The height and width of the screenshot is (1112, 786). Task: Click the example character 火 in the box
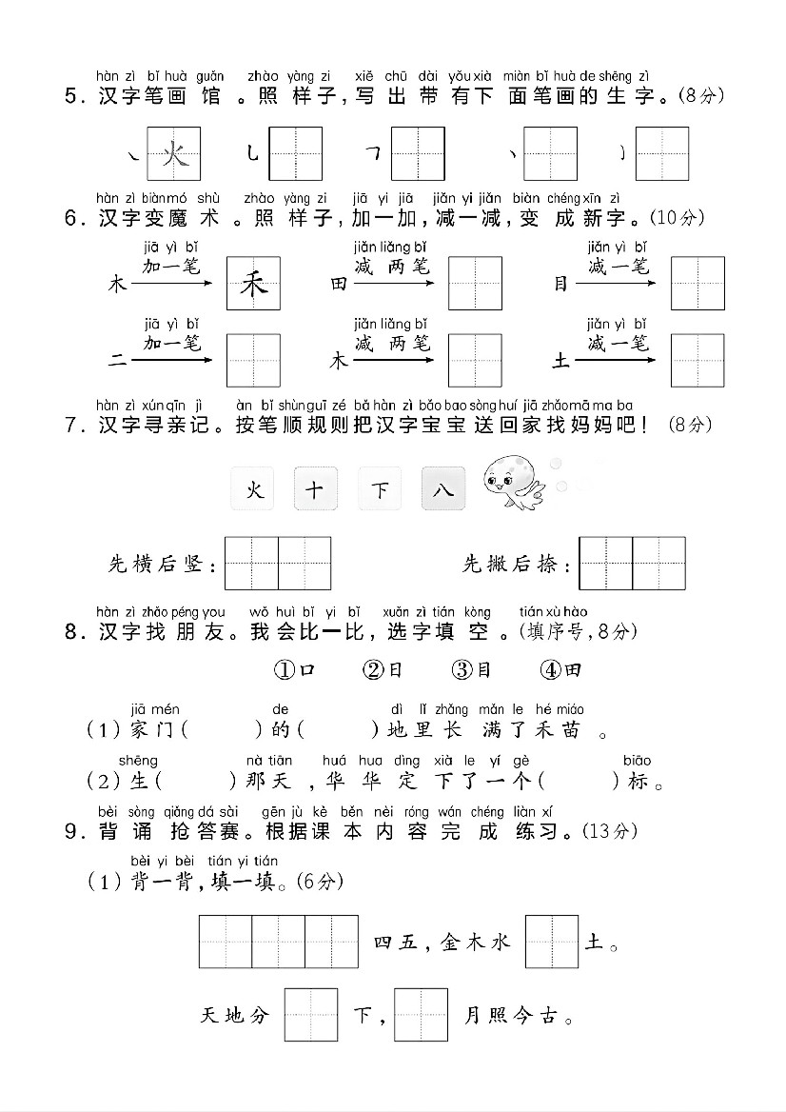click(174, 153)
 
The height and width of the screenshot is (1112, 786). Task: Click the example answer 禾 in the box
click(253, 284)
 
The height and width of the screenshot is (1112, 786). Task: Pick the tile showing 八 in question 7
click(443, 490)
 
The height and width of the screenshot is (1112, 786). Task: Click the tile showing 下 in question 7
click(380, 490)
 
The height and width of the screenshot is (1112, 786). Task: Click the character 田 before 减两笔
click(339, 284)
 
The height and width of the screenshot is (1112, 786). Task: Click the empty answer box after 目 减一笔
click(698, 284)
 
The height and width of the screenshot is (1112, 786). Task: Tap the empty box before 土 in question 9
click(552, 942)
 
